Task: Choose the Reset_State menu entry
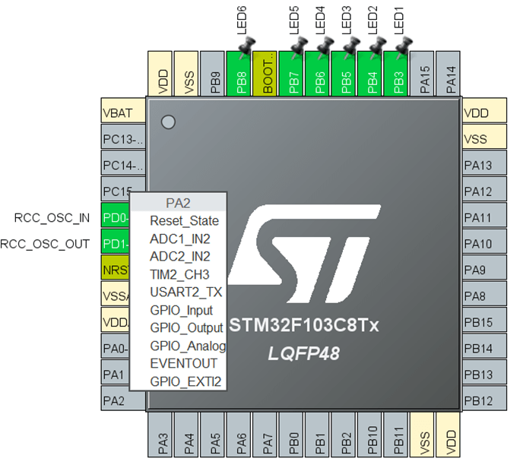pos(184,221)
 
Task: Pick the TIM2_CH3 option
pos(179,274)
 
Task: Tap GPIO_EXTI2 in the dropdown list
pos(185,381)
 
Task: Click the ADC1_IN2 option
pos(179,239)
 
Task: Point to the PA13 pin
pos(485,166)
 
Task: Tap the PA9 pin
pos(485,270)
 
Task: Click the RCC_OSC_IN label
pos(52,218)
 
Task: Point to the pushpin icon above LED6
pos(245,50)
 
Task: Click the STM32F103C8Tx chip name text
pos(304,327)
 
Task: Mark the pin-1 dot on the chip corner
pos(169,122)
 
